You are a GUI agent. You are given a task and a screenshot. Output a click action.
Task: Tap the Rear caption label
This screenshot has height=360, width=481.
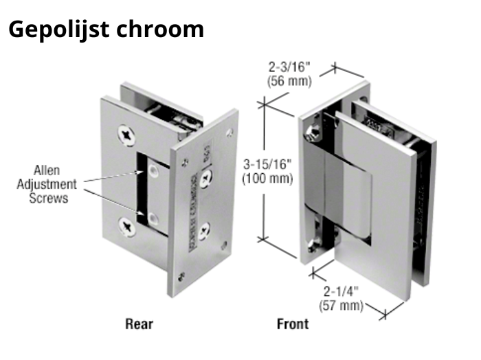tap(139, 323)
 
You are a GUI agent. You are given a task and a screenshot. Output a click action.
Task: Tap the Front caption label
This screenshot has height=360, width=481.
tap(292, 323)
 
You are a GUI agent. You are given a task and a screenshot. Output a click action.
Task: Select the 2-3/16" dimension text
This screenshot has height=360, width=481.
tap(289, 67)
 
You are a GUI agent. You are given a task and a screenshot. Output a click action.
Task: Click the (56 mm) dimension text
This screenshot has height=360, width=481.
tap(289, 80)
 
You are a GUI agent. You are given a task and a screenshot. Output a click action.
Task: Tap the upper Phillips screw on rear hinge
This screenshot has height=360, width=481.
tap(127, 135)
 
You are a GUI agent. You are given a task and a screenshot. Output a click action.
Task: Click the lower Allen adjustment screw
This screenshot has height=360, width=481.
tap(152, 218)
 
